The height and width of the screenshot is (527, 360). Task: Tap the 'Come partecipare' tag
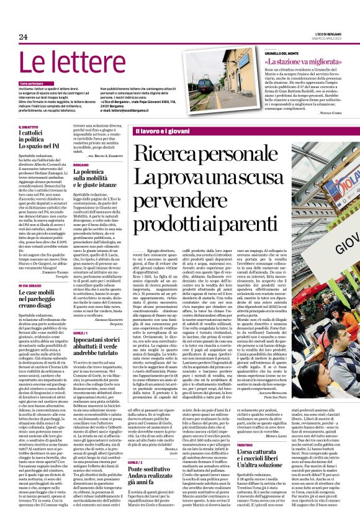[x=32, y=83]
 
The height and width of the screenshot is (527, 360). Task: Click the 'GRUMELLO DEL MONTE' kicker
[x=287, y=55]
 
